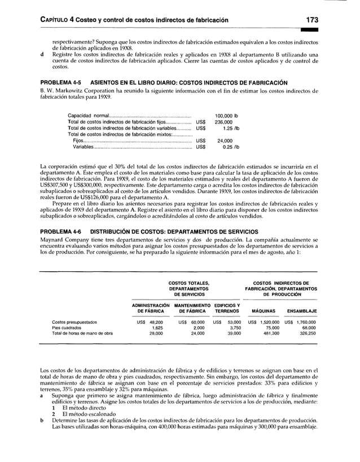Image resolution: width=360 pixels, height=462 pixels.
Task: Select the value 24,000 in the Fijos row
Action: pos(225,141)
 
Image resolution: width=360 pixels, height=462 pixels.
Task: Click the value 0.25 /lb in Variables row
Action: pos(231,148)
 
